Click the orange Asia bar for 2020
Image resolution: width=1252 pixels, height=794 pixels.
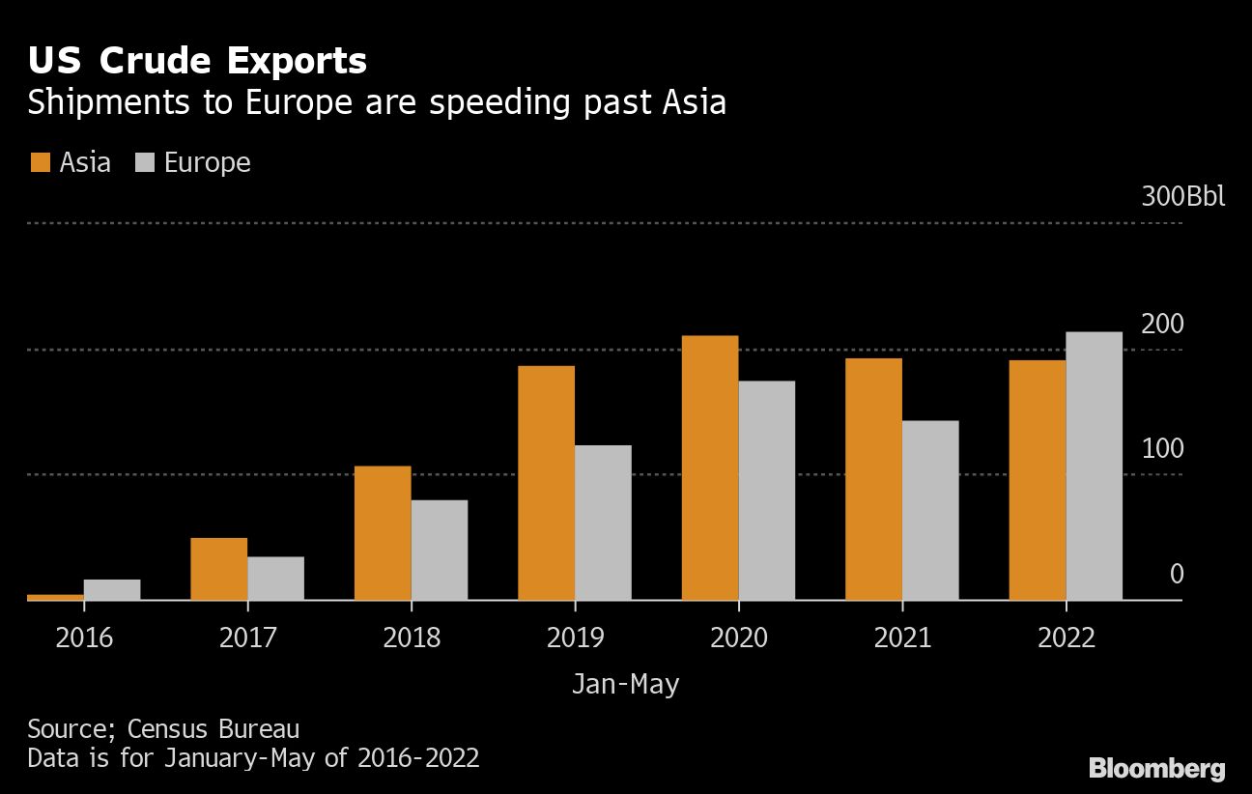(x=710, y=468)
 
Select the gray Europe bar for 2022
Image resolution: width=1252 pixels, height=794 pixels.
(x=1095, y=466)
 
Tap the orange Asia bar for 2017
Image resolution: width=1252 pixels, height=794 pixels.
(x=219, y=569)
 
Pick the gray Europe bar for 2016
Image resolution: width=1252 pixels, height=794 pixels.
(x=112, y=589)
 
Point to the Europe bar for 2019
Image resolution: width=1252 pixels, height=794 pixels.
(x=603, y=523)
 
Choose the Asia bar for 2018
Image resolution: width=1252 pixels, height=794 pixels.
(x=383, y=533)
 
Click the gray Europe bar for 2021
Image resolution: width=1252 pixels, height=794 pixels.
(x=930, y=510)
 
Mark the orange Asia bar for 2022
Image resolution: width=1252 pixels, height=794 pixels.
(x=1038, y=480)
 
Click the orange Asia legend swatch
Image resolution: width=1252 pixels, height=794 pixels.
(x=39, y=162)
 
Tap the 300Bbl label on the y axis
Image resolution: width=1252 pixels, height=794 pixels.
(x=1182, y=197)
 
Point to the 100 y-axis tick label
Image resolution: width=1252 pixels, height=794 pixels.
(x=1162, y=449)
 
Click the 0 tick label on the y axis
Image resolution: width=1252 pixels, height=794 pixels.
(x=1177, y=575)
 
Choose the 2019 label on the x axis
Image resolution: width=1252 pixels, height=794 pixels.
(x=575, y=638)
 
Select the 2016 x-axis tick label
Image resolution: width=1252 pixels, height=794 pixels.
(x=84, y=638)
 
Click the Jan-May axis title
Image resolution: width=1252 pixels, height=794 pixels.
(x=625, y=685)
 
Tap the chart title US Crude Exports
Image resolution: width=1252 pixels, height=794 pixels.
(x=197, y=61)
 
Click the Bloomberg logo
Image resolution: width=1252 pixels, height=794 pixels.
(x=1157, y=769)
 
